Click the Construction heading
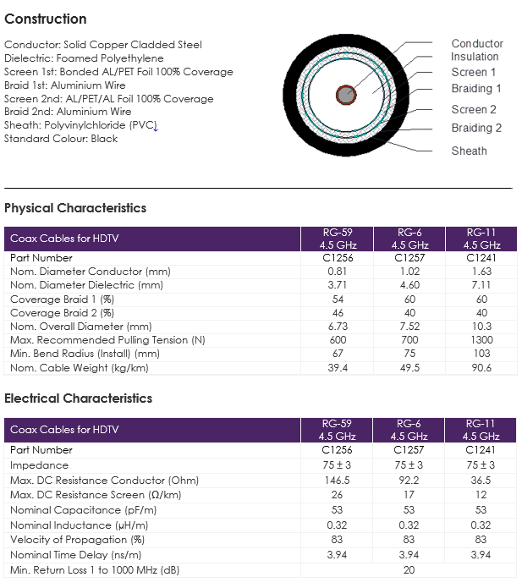pos(46,19)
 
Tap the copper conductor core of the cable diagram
pos(346,95)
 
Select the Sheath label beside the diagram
pos(470,151)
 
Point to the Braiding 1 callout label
pos(476,89)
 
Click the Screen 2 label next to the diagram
pos(474,109)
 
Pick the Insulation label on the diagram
pos(475,57)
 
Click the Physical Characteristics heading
pos(75,208)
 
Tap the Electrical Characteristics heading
pos(79,398)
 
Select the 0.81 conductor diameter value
pos(337,271)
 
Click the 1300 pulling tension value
pos(481,340)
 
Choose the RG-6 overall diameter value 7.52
pos(409,327)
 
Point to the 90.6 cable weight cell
pos(481,367)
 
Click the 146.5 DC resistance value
pos(337,480)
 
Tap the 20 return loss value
pos(409,570)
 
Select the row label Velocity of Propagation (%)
pos(77,540)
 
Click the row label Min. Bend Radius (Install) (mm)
pos(85,354)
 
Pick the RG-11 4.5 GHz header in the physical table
pos(481,239)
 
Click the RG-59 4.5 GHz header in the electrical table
pos(337,430)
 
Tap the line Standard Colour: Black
pos(61,139)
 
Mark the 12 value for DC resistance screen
pos(481,495)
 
